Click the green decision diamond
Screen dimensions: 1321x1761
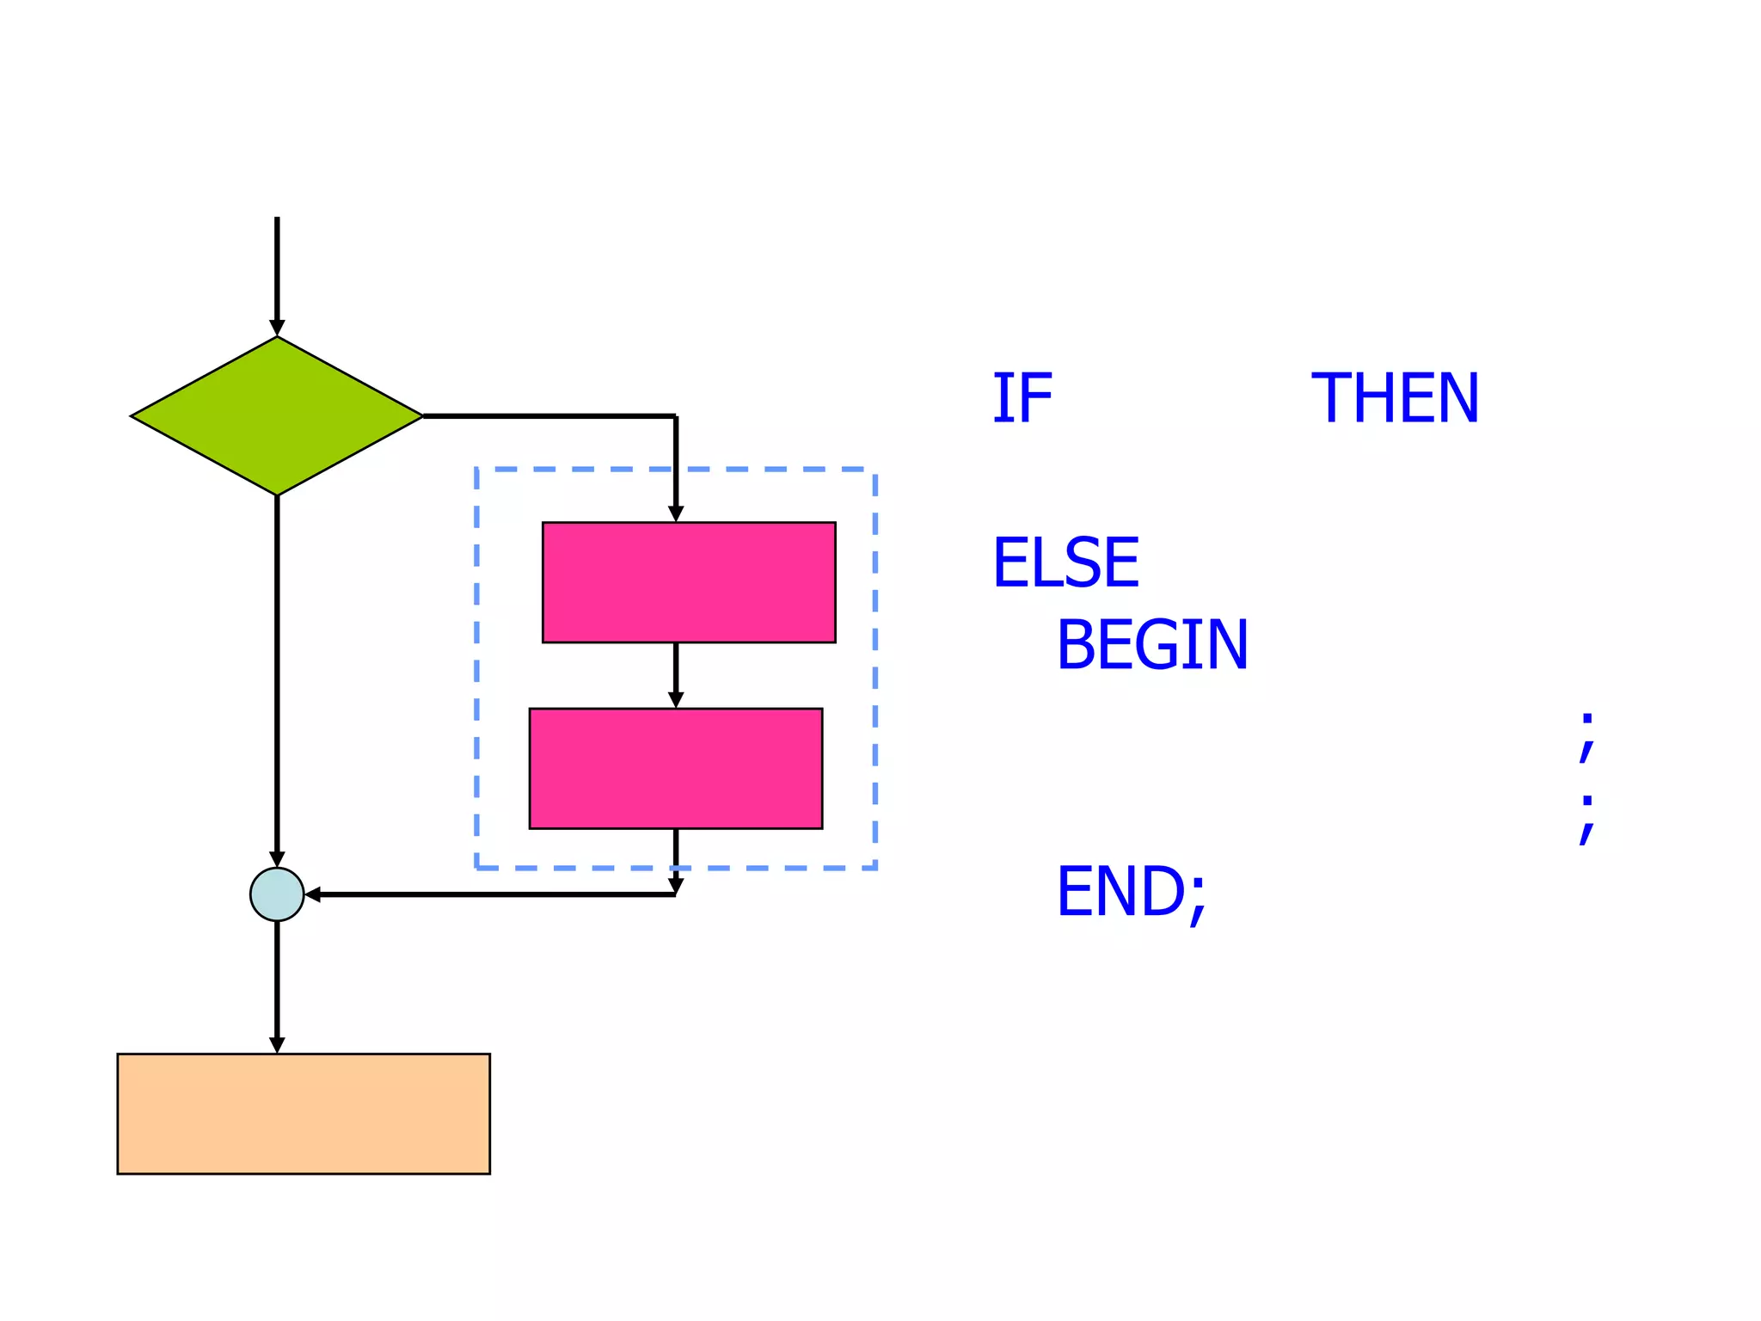277,416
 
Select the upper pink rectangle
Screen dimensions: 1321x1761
689,582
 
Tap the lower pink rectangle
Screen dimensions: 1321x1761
676,768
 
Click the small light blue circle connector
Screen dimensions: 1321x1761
277,894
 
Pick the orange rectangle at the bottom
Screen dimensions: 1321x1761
304,1113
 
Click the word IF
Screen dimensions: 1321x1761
1022,398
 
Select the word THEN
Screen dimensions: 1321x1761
1394,398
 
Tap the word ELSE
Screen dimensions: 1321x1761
1066,562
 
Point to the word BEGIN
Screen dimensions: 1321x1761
1152,645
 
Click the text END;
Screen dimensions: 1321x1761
1132,893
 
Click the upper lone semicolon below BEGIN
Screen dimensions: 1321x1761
1587,737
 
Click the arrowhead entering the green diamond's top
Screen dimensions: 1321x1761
277,328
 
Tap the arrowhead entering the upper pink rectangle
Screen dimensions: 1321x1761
676,513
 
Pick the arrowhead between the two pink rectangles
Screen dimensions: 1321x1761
676,700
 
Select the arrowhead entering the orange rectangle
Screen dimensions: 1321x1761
277,1045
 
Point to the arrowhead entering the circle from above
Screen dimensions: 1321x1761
277,859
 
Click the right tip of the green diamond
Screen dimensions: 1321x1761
421,416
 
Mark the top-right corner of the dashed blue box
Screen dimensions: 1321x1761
875,470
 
